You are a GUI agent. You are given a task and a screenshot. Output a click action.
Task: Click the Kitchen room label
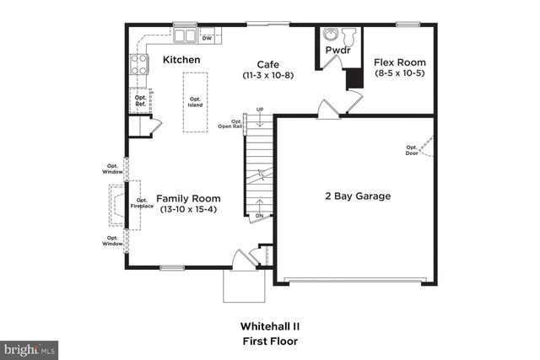(181, 60)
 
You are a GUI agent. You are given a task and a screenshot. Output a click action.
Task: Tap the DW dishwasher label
(207, 38)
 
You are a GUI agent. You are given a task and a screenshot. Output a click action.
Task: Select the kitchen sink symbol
(185, 36)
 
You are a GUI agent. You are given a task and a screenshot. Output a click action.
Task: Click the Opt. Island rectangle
(195, 101)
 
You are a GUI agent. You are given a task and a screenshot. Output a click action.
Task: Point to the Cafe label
(268, 64)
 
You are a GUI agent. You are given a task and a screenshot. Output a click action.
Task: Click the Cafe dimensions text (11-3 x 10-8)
(268, 76)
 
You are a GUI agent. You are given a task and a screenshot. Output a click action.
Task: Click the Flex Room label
(400, 62)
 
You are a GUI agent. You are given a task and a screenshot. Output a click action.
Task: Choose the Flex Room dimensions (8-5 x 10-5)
(400, 74)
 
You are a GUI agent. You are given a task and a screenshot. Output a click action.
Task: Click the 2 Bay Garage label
(358, 196)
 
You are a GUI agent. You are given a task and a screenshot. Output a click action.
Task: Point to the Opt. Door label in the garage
(412, 149)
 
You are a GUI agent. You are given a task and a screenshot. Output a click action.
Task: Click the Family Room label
(187, 198)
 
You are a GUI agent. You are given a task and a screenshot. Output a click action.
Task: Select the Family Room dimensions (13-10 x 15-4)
(187, 209)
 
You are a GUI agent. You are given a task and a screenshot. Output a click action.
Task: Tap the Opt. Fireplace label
(141, 203)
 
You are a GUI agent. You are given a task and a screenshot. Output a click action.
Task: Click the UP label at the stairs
(260, 110)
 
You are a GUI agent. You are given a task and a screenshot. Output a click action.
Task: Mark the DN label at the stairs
(258, 216)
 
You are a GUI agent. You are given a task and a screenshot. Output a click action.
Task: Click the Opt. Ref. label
(141, 101)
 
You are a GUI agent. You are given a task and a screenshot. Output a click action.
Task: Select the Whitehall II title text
(268, 325)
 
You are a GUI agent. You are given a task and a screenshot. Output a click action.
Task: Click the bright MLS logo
(30, 348)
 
